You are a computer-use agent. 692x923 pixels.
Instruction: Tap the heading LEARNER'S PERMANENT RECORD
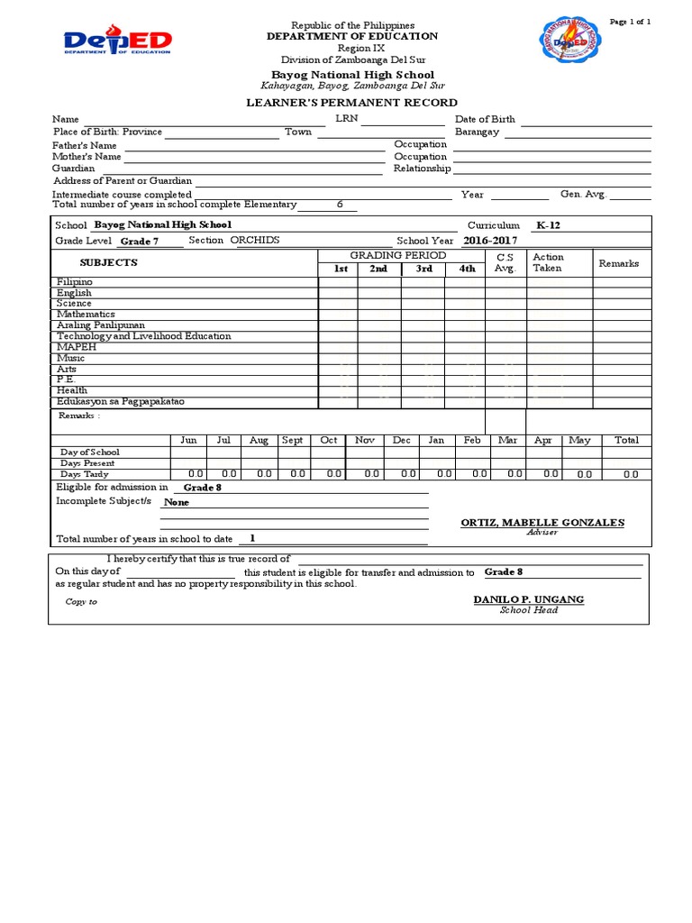click(352, 103)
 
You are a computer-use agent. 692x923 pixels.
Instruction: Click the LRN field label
click(346, 119)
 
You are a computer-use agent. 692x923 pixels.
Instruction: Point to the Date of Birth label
click(485, 119)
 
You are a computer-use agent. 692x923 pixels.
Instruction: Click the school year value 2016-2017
click(491, 241)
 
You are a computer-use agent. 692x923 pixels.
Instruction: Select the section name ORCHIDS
click(255, 241)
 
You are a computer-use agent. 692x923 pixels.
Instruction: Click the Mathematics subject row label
click(86, 315)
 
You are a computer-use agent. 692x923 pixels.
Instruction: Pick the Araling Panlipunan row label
click(100, 325)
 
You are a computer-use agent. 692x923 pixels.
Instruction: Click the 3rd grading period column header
click(423, 269)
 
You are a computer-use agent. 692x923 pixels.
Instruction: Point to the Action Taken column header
click(548, 262)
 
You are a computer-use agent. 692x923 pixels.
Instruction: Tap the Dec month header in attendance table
click(401, 440)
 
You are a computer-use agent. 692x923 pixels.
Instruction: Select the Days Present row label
click(87, 462)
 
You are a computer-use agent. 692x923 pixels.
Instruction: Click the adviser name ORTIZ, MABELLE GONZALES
click(542, 523)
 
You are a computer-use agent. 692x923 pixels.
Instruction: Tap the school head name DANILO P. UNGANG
click(528, 599)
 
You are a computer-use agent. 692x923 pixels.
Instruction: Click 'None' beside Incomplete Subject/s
click(177, 502)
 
